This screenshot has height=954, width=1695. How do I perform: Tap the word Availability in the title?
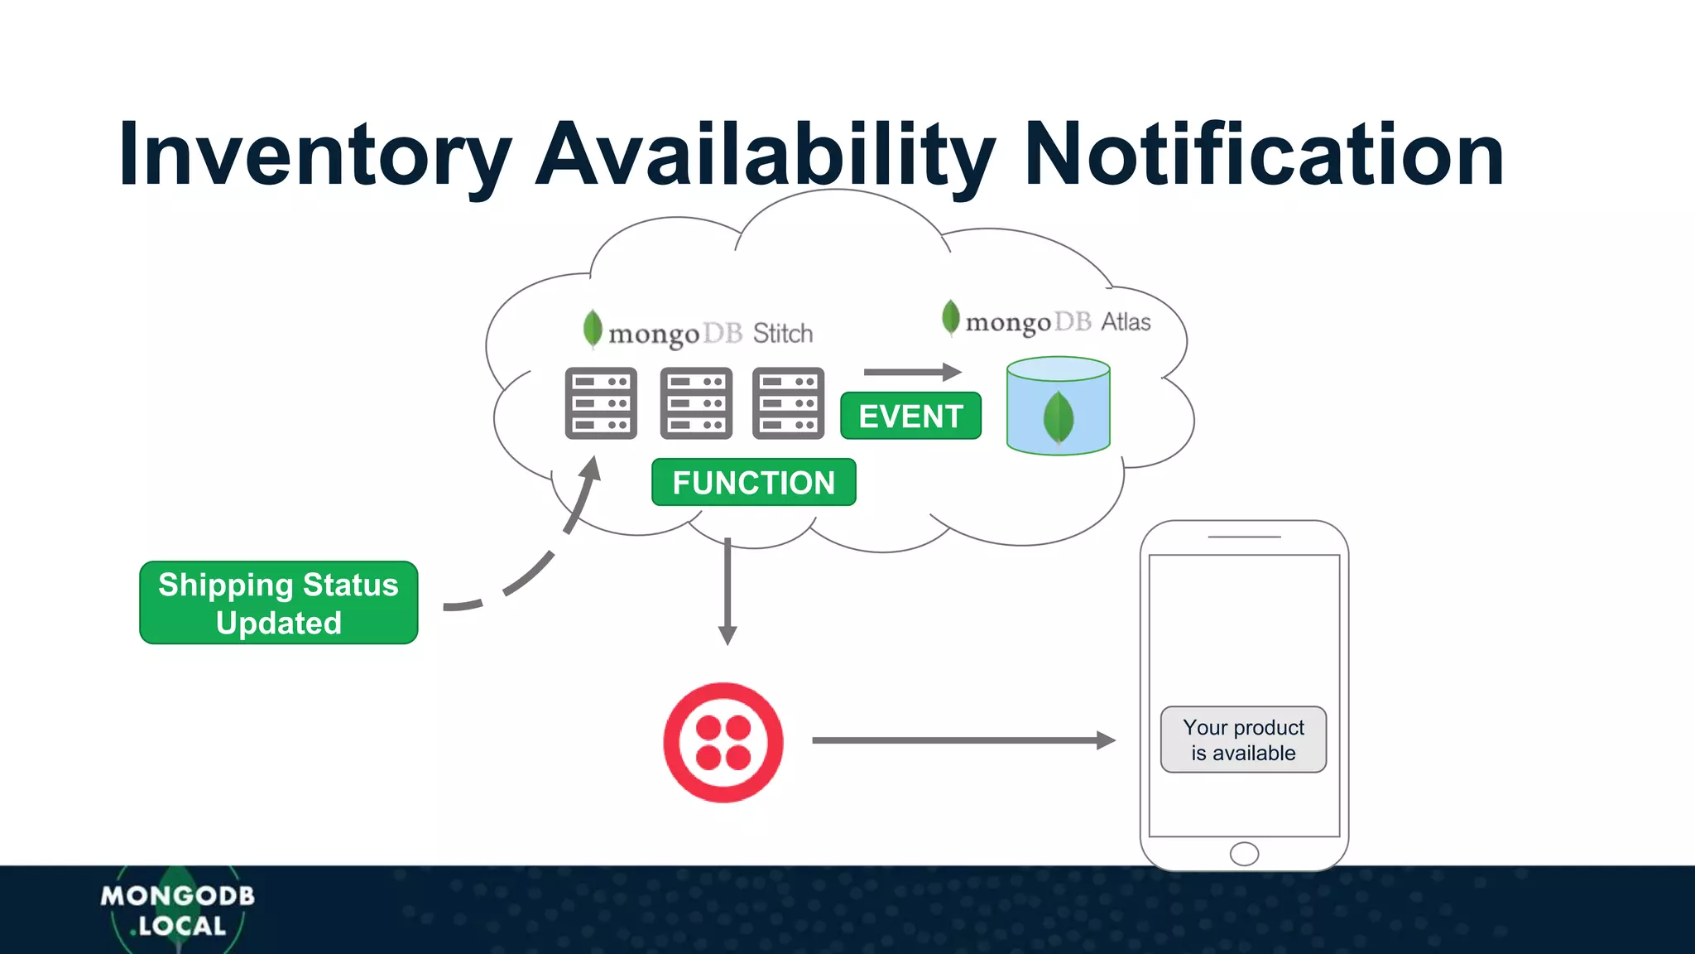coord(765,155)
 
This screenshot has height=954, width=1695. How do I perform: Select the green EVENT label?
coord(910,416)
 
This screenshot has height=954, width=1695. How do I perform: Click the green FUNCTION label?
coord(753,482)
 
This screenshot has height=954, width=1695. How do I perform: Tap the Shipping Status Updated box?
coord(279,603)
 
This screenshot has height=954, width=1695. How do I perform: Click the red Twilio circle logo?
coord(723,742)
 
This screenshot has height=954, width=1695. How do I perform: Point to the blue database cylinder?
coord(1058,406)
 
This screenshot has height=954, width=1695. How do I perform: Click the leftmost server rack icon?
coord(601,403)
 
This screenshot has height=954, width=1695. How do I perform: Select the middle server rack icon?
coord(696,403)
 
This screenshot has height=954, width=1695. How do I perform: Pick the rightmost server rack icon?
coord(788,403)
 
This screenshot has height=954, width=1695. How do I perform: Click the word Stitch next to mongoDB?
coord(783,334)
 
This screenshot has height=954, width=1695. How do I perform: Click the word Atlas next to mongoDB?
coord(1126,322)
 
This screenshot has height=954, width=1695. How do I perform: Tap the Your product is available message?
coord(1243,740)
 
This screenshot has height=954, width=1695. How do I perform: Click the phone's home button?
coord(1244,854)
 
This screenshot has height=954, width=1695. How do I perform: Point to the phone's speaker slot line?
coord(1244,537)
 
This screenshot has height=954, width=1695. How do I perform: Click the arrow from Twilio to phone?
coord(960,740)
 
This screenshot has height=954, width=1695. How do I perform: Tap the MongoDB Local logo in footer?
coord(178,910)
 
